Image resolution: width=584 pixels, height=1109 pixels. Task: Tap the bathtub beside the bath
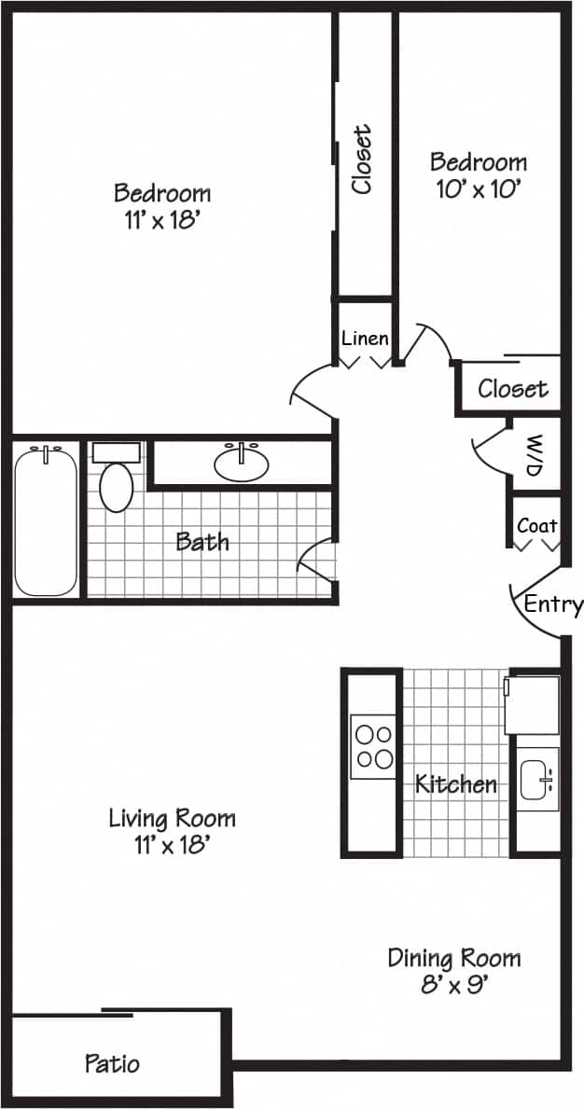[x=46, y=521]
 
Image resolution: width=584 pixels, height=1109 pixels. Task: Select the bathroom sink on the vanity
[x=242, y=463]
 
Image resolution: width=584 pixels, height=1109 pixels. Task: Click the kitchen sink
[x=537, y=778]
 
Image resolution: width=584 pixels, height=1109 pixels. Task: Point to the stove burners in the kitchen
[x=372, y=746]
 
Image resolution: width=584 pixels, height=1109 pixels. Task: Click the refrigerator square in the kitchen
[x=532, y=704]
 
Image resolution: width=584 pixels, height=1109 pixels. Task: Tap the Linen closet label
[x=365, y=338]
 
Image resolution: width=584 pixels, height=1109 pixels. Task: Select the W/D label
[x=535, y=455]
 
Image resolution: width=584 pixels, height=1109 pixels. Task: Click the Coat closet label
[x=537, y=526]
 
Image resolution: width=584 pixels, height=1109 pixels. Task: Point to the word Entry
[x=552, y=604]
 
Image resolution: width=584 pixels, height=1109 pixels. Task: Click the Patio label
[x=112, y=1062]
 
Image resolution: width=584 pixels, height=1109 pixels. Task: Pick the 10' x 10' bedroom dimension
[x=478, y=187]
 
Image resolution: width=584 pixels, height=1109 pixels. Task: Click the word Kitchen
[x=456, y=783]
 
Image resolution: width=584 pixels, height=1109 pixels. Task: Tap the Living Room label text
[x=172, y=818]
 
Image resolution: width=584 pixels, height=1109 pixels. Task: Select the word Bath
[x=202, y=541]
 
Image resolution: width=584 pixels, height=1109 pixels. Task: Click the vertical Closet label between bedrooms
[x=362, y=159]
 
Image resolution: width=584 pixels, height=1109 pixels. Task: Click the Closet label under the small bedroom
[x=512, y=388]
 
